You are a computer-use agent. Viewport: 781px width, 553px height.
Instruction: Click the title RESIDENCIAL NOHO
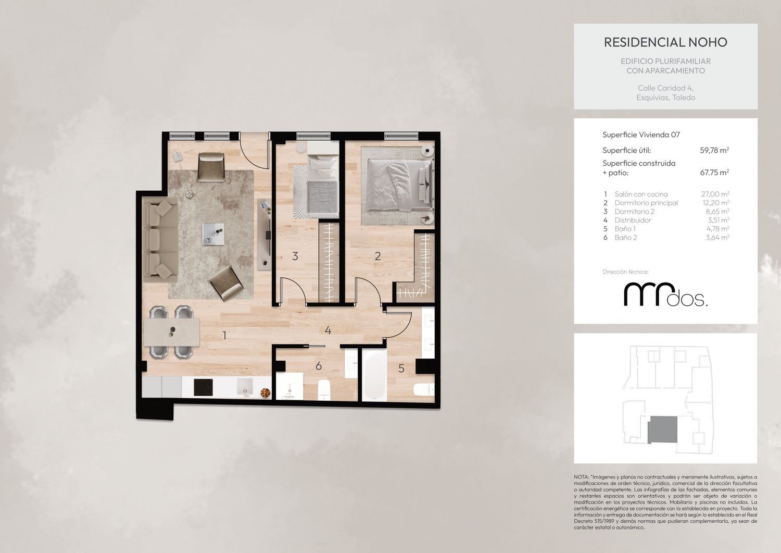[x=665, y=42]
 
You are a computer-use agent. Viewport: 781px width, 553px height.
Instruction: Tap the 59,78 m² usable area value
[x=714, y=150]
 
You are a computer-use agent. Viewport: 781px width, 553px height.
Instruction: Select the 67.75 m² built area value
[x=714, y=172]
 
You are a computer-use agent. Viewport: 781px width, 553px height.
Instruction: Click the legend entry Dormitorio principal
[x=646, y=203]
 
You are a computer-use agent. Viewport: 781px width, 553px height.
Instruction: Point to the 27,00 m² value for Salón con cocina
[x=715, y=194]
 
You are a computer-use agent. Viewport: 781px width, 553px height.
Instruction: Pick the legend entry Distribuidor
[x=633, y=220]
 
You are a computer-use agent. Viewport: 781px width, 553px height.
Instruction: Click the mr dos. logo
[x=665, y=294]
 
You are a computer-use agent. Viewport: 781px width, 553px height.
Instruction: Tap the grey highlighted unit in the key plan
[x=662, y=429]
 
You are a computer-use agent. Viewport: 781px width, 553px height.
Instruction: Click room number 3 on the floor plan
[x=295, y=256]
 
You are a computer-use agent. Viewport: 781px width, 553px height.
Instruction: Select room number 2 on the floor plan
[x=377, y=256]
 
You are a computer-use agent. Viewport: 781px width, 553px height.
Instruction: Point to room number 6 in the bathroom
[x=318, y=366]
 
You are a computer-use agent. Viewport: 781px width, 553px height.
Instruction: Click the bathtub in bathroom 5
[x=374, y=375]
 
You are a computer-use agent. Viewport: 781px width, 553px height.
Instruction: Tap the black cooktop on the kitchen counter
[x=203, y=387]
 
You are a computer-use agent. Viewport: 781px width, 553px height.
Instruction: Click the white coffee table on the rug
[x=213, y=234]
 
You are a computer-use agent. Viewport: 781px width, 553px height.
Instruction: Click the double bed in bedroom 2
[x=399, y=186]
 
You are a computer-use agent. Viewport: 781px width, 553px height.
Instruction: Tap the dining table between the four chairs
[x=171, y=331]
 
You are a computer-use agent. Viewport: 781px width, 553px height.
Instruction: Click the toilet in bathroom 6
[x=324, y=390]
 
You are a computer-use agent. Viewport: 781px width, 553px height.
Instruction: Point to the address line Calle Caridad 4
[x=665, y=88]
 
